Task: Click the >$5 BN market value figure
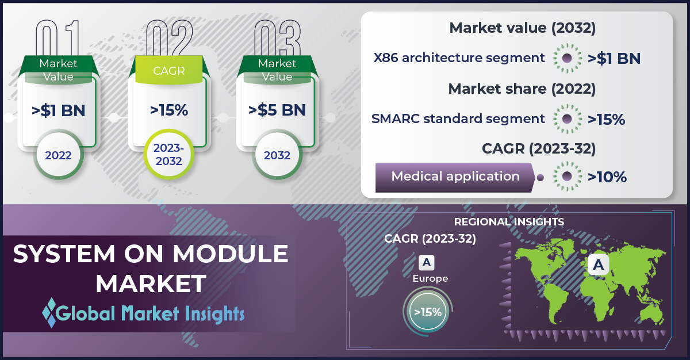click(x=277, y=110)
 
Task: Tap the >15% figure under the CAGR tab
click(x=169, y=110)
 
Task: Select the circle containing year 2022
click(x=58, y=155)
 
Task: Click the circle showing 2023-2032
click(x=169, y=154)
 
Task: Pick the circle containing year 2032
click(x=277, y=155)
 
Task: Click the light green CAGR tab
click(x=169, y=70)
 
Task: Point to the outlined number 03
click(x=277, y=37)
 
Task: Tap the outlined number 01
click(x=57, y=37)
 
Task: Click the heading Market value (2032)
click(x=523, y=28)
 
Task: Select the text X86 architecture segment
click(x=459, y=58)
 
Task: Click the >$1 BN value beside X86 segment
click(x=614, y=59)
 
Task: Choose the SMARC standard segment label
click(x=458, y=119)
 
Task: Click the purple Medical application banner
click(x=455, y=178)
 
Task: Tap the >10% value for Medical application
click(x=607, y=177)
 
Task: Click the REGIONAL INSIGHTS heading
click(x=509, y=222)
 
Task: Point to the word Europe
click(x=430, y=279)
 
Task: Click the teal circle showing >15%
click(x=428, y=312)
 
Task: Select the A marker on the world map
click(x=598, y=265)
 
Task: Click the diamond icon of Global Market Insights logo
click(x=49, y=313)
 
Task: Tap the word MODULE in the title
click(x=230, y=254)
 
